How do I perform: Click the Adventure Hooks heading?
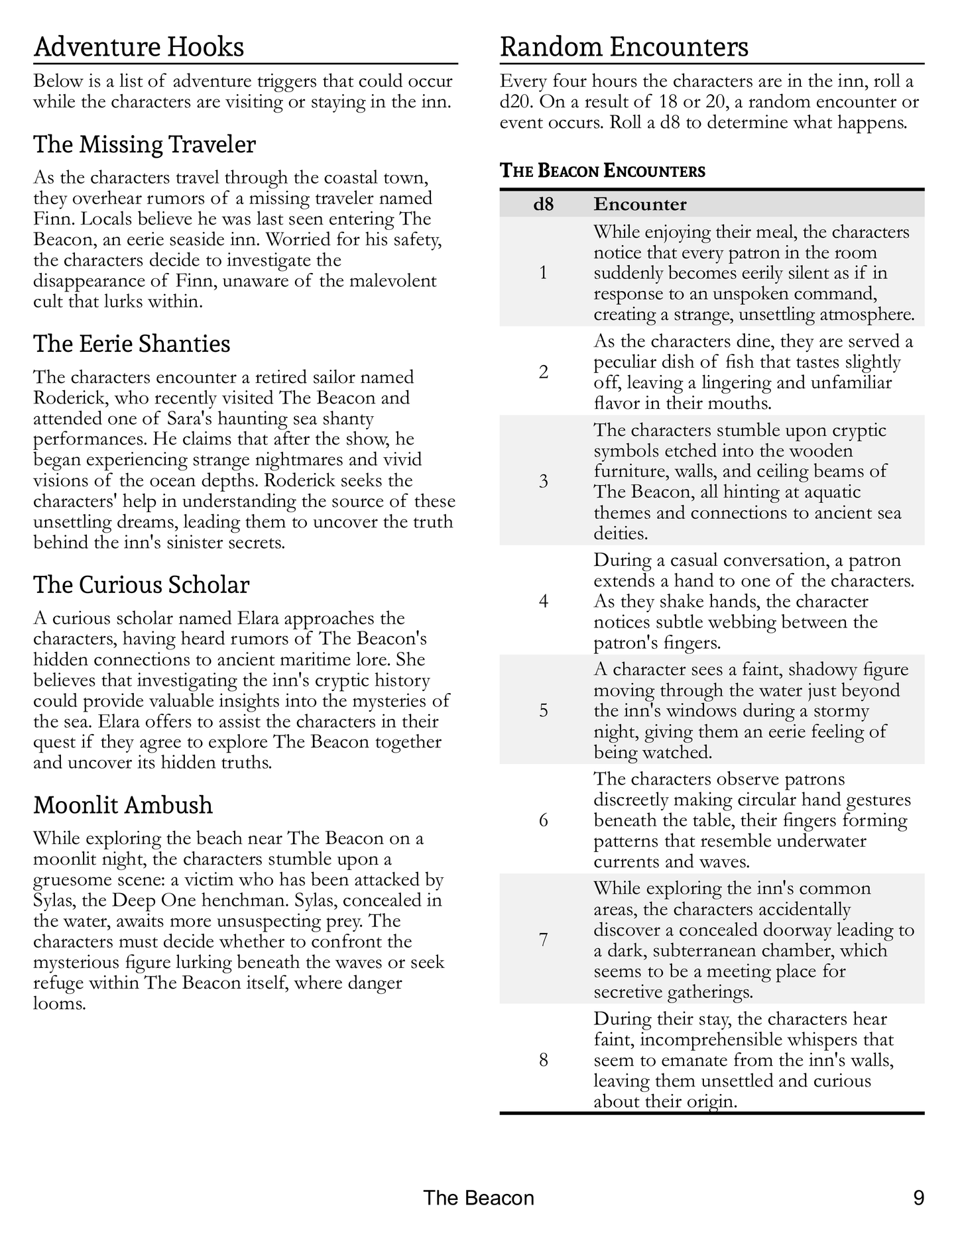pos(139,48)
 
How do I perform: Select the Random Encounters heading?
pos(624,48)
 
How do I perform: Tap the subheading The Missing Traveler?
pos(145,144)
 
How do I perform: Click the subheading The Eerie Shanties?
pos(132,344)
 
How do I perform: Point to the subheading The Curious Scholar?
pos(141,585)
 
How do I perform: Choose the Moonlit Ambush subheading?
pos(123,805)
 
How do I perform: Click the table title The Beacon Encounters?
pos(603,171)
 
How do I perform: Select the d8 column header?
pos(543,204)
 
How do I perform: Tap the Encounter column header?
pos(640,204)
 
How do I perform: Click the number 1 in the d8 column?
pos(543,273)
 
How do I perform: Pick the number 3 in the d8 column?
pos(543,481)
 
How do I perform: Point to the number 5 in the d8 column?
pos(543,711)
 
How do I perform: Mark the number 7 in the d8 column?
pos(543,940)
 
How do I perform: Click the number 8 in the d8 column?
pos(543,1060)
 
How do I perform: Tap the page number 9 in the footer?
pos(918,1198)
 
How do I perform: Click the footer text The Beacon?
pos(478,1198)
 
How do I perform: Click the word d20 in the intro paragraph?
pos(514,103)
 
